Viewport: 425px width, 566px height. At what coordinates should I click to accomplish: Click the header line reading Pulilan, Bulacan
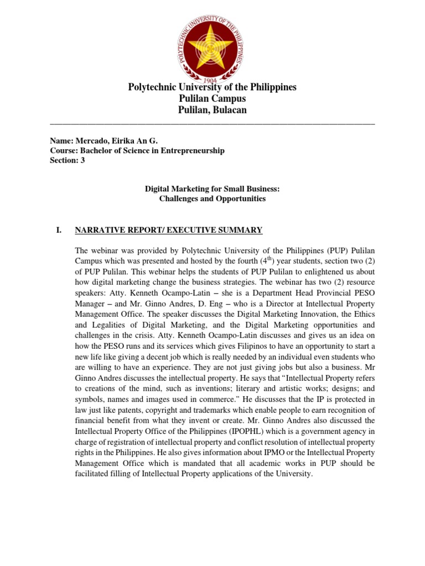point(212,110)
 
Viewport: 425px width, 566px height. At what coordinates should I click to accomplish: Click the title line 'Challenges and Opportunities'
point(212,198)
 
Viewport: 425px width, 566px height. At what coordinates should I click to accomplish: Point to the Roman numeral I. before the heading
point(54,229)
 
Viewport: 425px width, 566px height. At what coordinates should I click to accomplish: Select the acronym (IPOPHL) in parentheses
point(227,430)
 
